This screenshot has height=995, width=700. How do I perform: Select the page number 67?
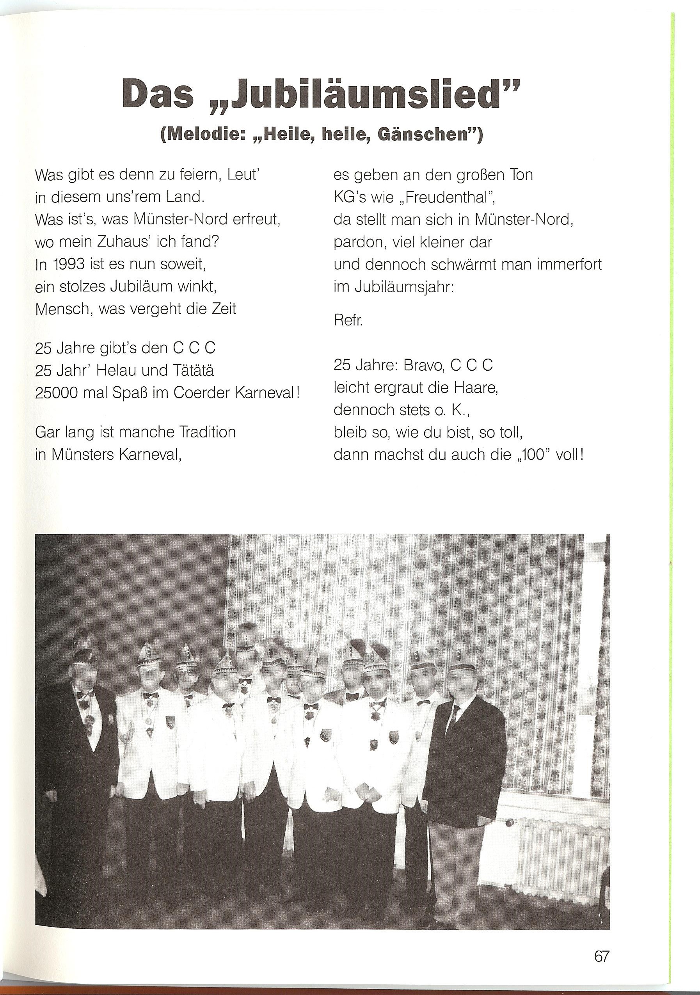pyautogui.click(x=602, y=943)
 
